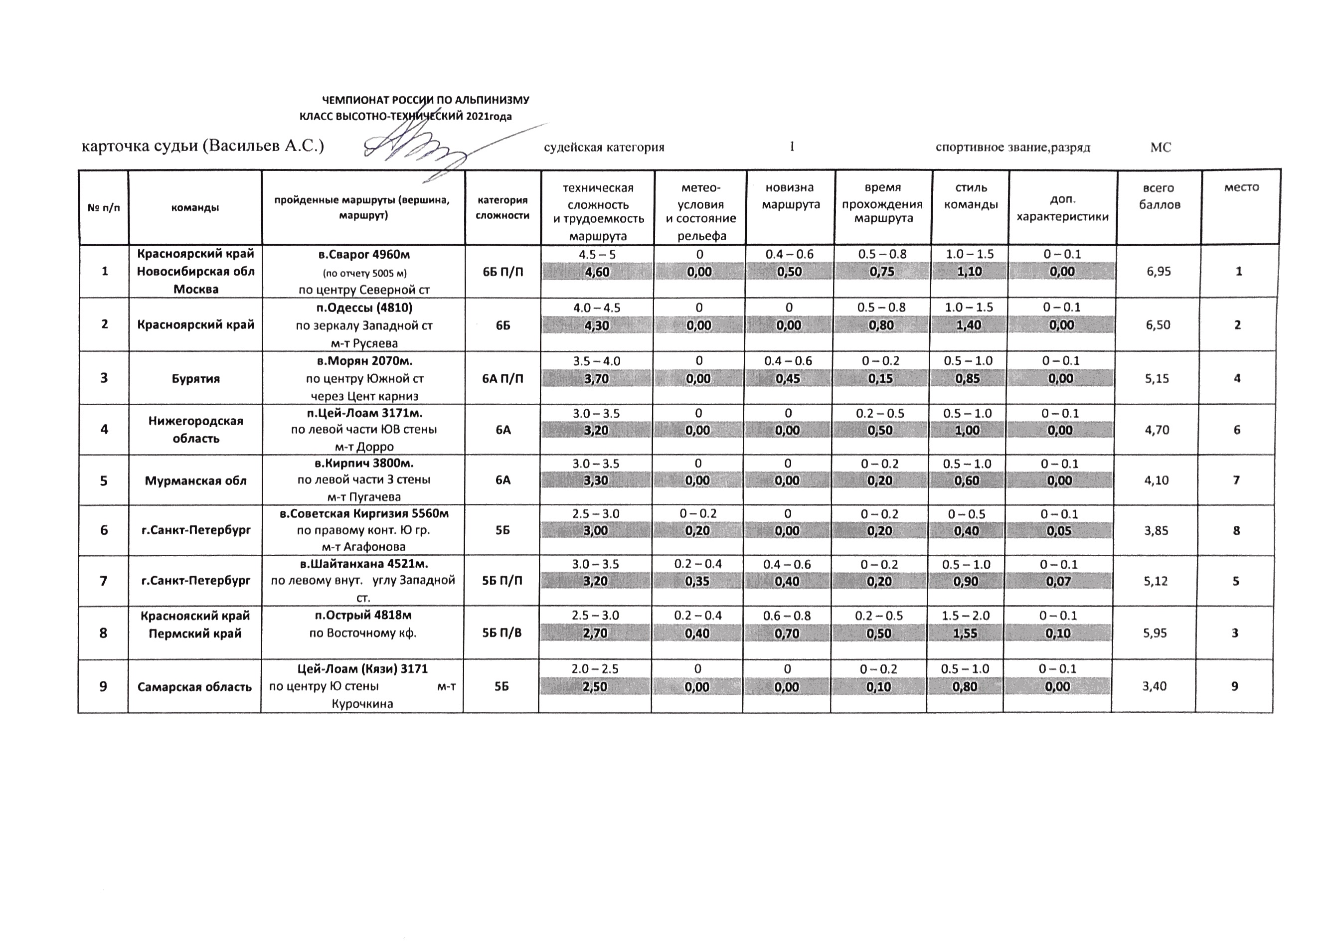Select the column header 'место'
[1241, 188]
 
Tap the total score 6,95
[1158, 272]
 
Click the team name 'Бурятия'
[195, 378]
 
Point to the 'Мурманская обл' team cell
[195, 480]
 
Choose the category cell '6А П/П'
[502, 378]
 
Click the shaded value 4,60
[597, 272]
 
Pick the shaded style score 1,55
[965, 633]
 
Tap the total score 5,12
[1156, 581]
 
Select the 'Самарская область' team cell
[195, 687]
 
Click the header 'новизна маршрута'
[791, 196]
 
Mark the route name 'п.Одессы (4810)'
[364, 308]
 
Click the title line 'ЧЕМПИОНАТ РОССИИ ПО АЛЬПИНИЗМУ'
[426, 100]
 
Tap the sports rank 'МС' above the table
[1160, 148]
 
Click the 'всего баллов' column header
[1160, 196]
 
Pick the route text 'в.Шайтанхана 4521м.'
[364, 564]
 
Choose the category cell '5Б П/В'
[502, 633]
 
